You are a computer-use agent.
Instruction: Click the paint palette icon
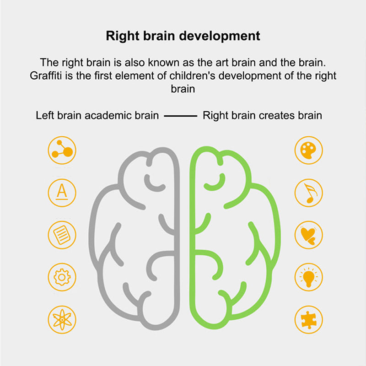(x=308, y=150)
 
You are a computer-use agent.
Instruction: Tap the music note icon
(x=308, y=193)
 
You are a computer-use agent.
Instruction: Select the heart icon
(x=308, y=235)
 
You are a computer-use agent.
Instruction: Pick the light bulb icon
(x=308, y=277)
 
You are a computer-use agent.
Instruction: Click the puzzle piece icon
(x=308, y=319)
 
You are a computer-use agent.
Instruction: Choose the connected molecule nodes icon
(x=62, y=150)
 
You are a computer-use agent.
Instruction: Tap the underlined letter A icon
(x=62, y=193)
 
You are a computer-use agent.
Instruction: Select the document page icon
(x=62, y=235)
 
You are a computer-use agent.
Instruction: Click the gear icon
(x=62, y=277)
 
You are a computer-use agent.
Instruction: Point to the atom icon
(x=62, y=319)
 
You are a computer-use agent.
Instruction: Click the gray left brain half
(x=137, y=238)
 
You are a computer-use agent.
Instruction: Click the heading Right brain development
(x=183, y=36)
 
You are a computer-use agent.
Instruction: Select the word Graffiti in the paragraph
(x=48, y=75)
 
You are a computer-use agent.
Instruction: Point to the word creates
(x=276, y=115)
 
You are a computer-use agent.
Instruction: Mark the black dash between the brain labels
(x=180, y=116)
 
